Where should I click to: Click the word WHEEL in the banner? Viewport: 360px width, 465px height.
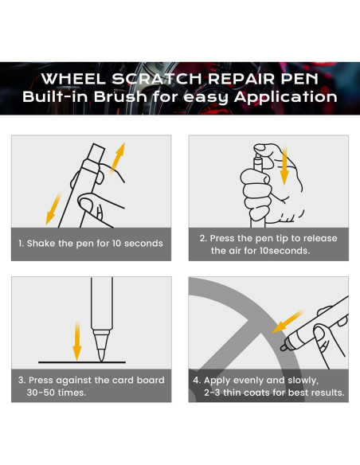click(x=73, y=79)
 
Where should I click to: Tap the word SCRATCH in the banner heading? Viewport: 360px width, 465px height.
click(x=157, y=79)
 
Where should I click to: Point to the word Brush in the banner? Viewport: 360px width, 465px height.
click(x=121, y=96)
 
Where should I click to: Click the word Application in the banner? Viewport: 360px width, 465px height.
click(x=286, y=97)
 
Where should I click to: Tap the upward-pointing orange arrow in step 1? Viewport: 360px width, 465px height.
click(x=117, y=158)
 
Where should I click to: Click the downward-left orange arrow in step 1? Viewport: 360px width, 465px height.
click(x=53, y=209)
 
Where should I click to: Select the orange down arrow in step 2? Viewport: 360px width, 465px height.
click(x=284, y=166)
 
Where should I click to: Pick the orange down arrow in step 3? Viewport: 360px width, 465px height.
click(x=77, y=341)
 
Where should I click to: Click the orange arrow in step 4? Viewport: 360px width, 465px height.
click(x=287, y=322)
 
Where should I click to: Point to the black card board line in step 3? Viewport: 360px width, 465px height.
click(x=82, y=362)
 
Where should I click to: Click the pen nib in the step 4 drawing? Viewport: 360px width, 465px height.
click(x=284, y=347)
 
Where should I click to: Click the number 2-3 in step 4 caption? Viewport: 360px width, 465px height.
click(x=212, y=393)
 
